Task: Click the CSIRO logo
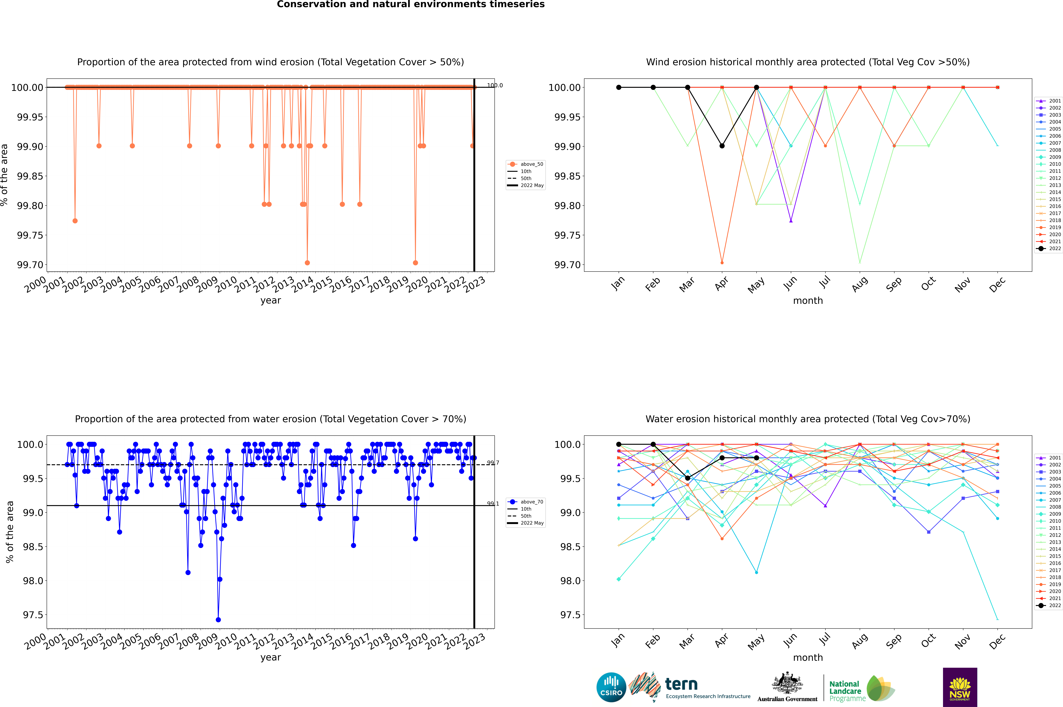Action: coord(611,687)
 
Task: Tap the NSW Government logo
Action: coord(960,687)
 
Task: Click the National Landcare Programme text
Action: coord(845,691)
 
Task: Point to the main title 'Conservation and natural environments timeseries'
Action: coord(411,4)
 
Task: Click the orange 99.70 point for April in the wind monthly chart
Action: coord(722,262)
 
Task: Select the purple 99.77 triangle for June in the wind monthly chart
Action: coord(791,220)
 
